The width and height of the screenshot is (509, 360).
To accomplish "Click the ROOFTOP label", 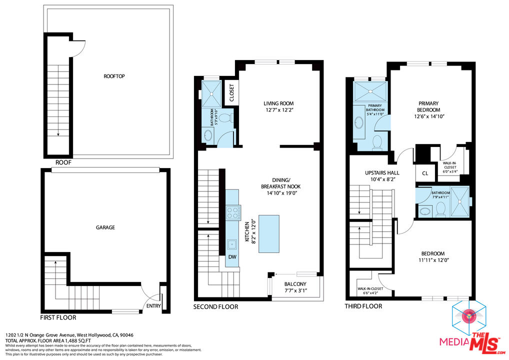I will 114,76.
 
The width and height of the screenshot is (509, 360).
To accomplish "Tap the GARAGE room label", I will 105,227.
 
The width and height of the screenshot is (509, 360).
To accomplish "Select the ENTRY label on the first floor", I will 153,305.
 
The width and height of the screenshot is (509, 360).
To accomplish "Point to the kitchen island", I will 268,233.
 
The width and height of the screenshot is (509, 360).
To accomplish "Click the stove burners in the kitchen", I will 232,213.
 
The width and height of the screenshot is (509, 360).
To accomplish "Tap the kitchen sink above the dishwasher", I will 232,244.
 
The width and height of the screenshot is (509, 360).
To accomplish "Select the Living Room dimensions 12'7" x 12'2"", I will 278,111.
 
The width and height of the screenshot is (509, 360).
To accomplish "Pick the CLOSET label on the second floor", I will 231,93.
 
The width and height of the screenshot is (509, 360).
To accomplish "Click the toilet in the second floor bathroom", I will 226,118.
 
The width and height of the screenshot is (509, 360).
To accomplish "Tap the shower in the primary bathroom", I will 370,91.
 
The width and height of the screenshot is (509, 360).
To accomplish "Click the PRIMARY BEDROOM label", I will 429,106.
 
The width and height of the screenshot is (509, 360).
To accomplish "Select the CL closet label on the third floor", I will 425,173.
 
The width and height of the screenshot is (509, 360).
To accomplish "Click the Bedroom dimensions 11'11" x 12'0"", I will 433,260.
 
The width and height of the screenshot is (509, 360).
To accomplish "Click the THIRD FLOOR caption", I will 363,306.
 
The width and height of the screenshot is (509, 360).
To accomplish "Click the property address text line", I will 69,335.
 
